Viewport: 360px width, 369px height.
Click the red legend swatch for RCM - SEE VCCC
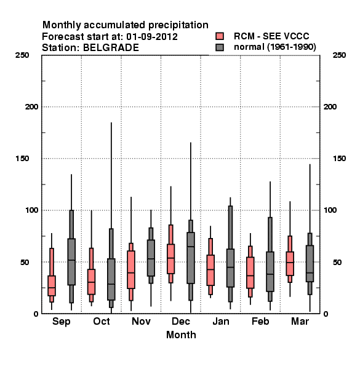click(x=220, y=36)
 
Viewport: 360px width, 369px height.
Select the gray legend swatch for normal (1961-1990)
click(x=220, y=47)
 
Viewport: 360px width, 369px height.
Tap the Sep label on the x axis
click(x=61, y=322)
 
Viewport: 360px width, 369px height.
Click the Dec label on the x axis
click(x=180, y=321)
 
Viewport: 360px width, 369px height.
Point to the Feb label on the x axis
click(x=260, y=321)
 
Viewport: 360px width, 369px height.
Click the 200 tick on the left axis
click(x=31, y=107)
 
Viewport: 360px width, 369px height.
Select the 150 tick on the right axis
click(x=339, y=159)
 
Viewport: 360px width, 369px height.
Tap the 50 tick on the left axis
click(x=25, y=262)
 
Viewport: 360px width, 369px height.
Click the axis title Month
click(x=181, y=335)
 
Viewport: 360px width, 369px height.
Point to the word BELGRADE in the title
click(x=111, y=48)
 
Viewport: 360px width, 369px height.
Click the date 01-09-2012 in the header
click(x=152, y=37)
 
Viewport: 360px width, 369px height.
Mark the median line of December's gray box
click(x=191, y=247)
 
